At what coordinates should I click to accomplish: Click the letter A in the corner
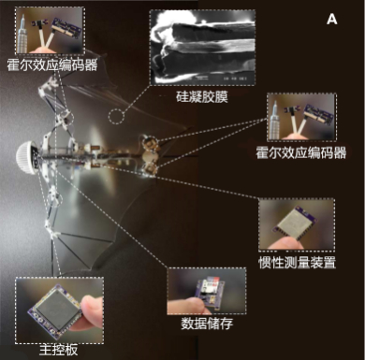click(x=332, y=20)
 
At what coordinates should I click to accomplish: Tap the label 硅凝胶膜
click(x=202, y=97)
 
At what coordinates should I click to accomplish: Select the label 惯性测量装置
click(x=297, y=263)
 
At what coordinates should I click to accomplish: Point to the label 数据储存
click(x=207, y=324)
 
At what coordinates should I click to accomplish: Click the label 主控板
click(x=58, y=350)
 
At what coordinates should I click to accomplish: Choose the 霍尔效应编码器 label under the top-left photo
click(x=52, y=65)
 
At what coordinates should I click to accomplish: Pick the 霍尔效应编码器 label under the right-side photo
click(x=301, y=153)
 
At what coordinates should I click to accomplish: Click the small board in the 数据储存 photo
click(x=210, y=293)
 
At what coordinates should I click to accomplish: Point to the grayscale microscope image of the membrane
click(x=202, y=48)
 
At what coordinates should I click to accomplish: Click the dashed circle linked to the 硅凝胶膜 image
click(x=116, y=117)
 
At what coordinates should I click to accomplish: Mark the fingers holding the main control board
click(x=91, y=313)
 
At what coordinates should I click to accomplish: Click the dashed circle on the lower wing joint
click(x=56, y=199)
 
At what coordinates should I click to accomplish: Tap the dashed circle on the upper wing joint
click(x=66, y=118)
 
